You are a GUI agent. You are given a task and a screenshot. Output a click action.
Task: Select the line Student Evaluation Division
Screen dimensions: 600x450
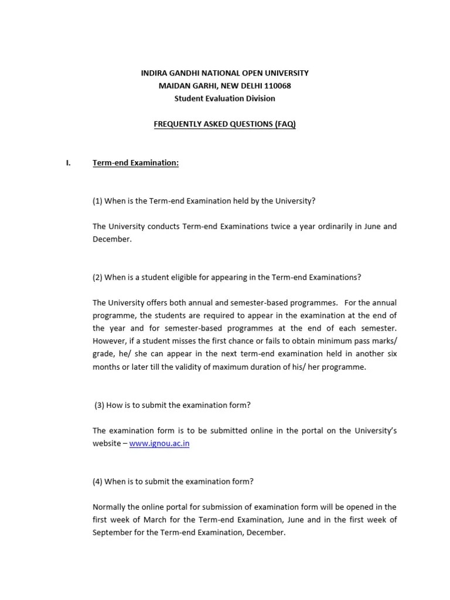[224, 98]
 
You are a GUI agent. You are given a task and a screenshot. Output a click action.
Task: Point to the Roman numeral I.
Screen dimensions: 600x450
[68, 163]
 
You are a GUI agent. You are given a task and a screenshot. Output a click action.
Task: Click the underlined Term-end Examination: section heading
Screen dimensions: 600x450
[135, 163]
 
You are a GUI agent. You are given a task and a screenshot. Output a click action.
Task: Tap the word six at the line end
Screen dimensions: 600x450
[391, 354]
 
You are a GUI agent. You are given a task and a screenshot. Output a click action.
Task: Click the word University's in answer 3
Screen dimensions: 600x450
[376, 431]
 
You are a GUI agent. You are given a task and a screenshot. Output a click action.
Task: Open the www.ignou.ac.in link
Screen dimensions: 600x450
[159, 444]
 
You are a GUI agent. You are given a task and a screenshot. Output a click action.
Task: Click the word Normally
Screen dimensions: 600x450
[110, 507]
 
